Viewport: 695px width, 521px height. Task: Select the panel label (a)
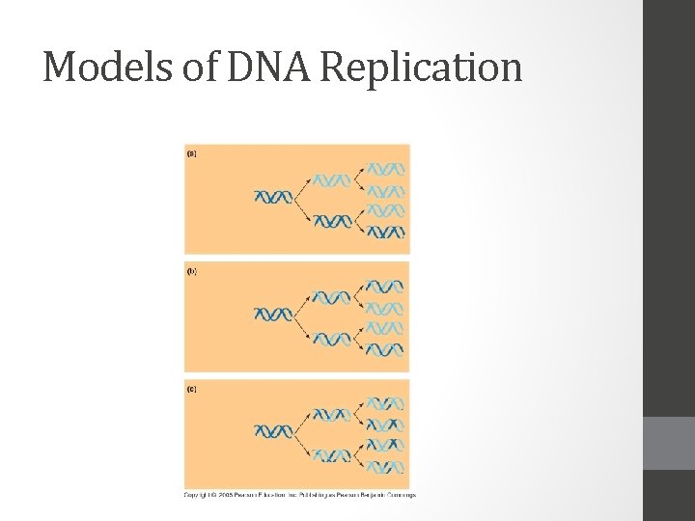191,153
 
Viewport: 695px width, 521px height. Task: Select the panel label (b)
191,272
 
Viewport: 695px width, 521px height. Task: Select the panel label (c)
191,390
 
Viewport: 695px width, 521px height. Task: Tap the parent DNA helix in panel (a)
272,198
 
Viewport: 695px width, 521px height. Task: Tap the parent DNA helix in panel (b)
272,315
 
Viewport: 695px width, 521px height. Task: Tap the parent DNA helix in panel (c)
272,431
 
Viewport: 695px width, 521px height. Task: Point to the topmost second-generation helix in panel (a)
385,168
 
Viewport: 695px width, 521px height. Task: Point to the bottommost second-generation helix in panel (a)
385,232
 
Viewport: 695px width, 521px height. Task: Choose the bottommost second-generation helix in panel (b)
385,349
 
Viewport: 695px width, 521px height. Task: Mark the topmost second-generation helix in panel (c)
385,403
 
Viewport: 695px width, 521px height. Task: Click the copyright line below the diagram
300,495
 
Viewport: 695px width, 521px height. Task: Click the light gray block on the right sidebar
669,443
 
